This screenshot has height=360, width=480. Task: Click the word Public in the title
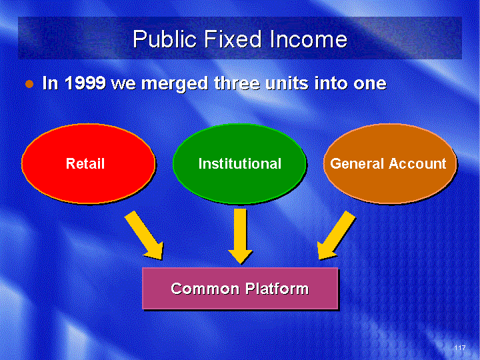(165, 39)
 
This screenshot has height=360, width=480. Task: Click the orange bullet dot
(29, 83)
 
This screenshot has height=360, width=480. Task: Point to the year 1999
(85, 83)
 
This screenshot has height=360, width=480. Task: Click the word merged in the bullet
(175, 84)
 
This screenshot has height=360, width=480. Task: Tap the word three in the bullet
(237, 83)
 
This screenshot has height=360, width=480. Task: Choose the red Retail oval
(89, 163)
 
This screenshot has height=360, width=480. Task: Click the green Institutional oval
(240, 163)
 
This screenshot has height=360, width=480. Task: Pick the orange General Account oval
(390, 163)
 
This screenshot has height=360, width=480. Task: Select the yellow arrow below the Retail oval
(145, 236)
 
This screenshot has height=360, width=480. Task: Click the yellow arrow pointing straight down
(240, 236)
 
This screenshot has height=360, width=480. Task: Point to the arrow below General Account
(336, 236)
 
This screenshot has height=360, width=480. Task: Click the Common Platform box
(240, 289)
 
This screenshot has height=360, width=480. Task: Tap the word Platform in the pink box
(277, 289)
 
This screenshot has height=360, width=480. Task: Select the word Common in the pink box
(205, 289)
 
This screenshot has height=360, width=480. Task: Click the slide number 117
(460, 347)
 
